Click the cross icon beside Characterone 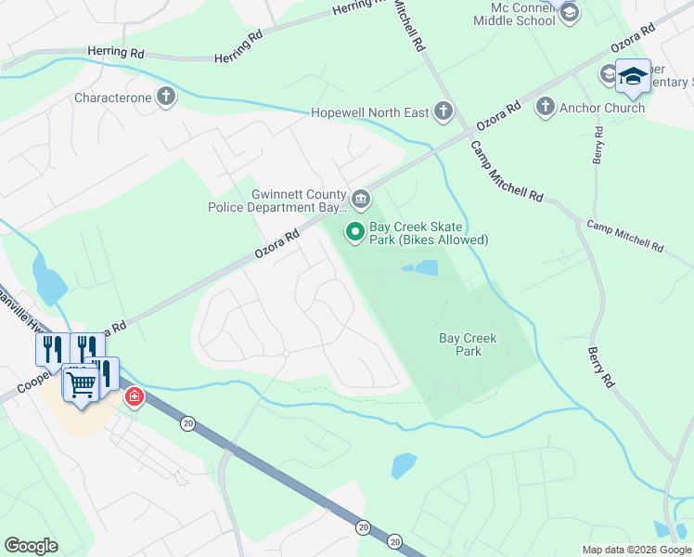[166, 97]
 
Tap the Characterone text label [112, 97]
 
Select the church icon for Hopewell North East [443, 112]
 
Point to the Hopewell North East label [370, 113]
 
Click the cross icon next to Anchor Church [545, 108]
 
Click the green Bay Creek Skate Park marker [353, 231]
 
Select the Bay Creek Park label [468, 344]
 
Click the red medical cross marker [135, 396]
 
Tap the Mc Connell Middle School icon [569, 12]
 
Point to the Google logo [31, 546]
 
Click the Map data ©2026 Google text [636, 550]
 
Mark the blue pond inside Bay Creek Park [423, 268]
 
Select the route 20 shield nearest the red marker [188, 423]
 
